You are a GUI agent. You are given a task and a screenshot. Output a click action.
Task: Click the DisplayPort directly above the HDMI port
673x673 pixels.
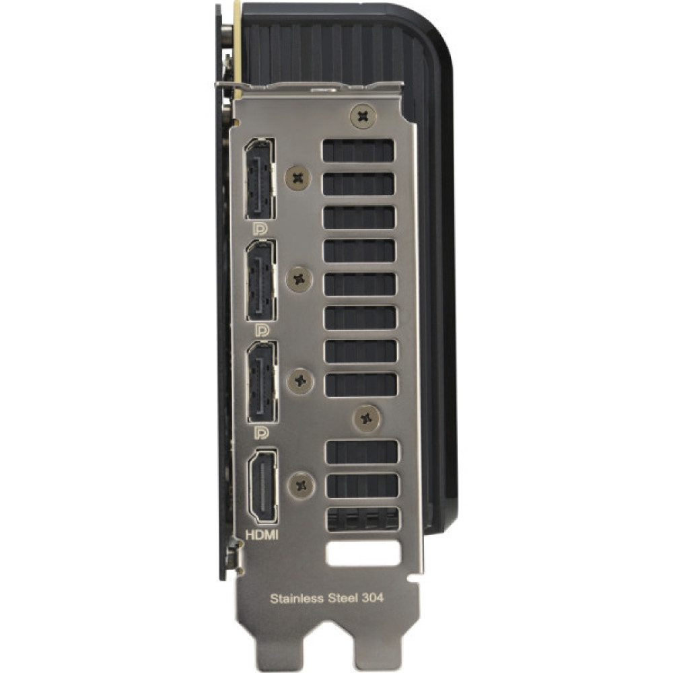pos(260,382)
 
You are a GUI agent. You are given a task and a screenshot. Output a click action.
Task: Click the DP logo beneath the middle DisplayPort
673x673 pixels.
pos(260,330)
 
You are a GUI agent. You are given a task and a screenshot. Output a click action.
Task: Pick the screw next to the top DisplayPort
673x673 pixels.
pos(297,178)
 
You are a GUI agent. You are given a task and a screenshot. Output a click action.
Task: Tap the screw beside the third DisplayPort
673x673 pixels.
pos(301,382)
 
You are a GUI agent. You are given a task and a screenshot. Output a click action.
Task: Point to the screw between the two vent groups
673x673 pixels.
pos(367,418)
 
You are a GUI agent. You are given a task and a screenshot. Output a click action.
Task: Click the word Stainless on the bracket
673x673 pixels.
pos(293,597)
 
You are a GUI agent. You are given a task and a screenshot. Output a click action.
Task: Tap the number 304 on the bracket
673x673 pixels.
pos(373,597)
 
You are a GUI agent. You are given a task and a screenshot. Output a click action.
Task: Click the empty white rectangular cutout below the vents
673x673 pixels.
pos(362,555)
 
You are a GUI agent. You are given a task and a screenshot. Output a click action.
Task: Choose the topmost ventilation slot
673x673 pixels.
pos(358,151)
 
